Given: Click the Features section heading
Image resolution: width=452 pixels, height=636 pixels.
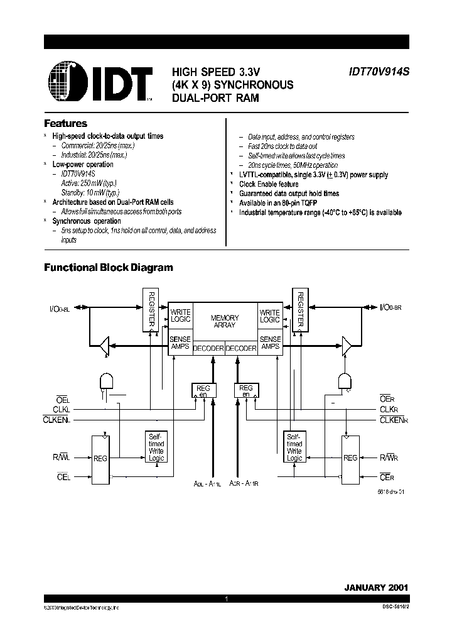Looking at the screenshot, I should [x=65, y=124].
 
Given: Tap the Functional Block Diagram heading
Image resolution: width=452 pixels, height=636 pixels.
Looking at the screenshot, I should [x=108, y=268].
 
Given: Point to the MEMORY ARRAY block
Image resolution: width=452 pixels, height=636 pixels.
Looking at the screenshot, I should [x=225, y=322].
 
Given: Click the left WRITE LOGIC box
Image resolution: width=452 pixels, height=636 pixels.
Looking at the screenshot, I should [x=180, y=317].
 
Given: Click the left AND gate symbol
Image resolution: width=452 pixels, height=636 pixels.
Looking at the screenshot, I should [x=107, y=381].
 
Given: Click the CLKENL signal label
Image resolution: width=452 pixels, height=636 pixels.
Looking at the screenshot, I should [x=56, y=419].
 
